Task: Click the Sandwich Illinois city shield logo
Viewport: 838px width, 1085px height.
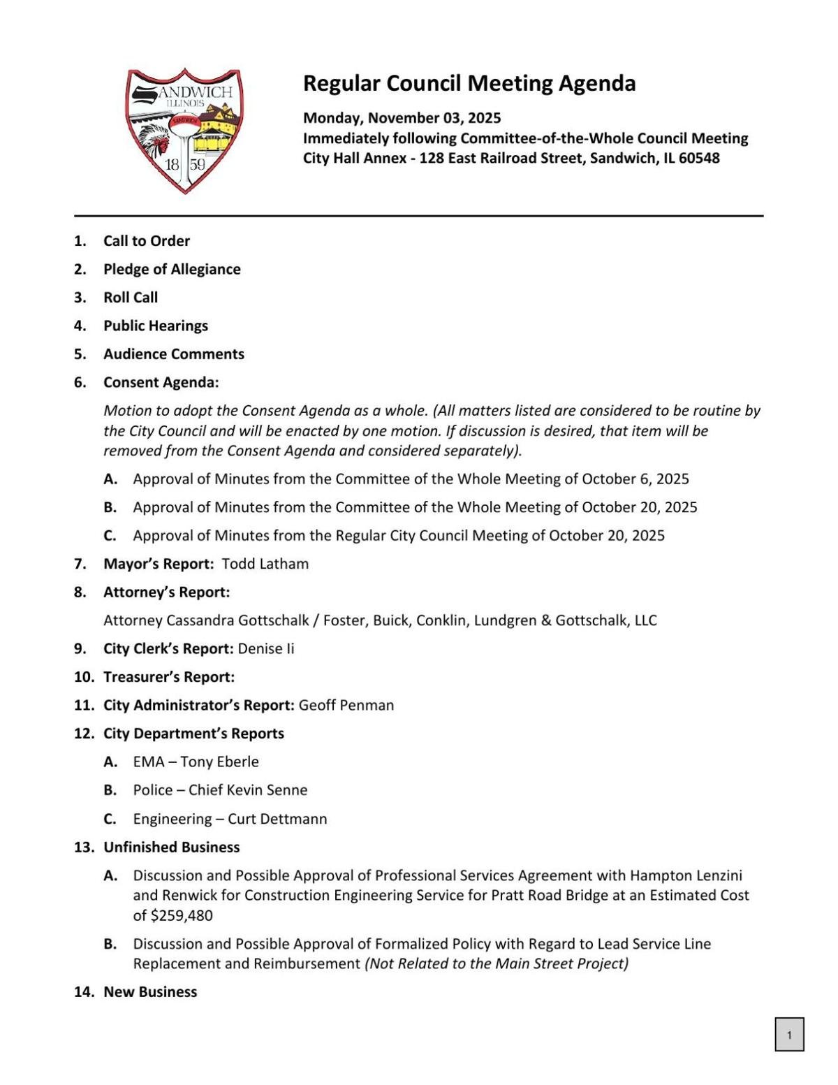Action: (184, 131)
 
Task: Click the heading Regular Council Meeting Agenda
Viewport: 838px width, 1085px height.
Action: (469, 83)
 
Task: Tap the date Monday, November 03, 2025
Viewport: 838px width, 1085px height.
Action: (402, 117)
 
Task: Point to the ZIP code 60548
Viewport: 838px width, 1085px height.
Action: (698, 158)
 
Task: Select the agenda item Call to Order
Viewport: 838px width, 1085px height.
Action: (147, 241)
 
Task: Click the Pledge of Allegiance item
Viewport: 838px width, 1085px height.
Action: (172, 269)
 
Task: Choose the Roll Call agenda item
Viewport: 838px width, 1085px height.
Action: (131, 298)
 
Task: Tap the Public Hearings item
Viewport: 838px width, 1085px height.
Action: (156, 326)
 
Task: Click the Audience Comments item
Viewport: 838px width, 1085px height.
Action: (174, 354)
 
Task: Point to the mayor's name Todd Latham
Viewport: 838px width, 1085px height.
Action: (265, 564)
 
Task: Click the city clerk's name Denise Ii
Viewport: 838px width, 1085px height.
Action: (266, 648)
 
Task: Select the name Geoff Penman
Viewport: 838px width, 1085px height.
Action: (346, 705)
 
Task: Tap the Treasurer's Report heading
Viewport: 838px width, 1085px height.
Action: (169, 677)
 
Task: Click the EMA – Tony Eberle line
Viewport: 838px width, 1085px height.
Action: (196, 762)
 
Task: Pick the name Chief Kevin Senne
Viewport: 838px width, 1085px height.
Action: (248, 790)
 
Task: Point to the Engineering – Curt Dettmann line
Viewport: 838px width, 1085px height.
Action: (230, 819)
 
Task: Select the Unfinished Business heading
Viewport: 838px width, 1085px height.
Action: (172, 847)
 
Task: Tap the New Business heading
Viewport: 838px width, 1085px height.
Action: (150, 992)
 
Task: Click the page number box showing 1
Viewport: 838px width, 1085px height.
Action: (789, 1035)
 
